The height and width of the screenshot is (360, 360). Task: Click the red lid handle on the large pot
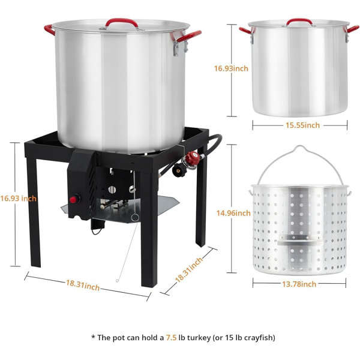pos(122,20)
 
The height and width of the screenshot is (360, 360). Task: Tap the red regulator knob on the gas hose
pos(193,158)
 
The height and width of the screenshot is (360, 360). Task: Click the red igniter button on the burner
pos(73,200)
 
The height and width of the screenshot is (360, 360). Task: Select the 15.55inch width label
pos(302,125)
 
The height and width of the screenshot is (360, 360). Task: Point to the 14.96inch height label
pos(233,213)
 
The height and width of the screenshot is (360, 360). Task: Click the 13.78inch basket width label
pos(299,284)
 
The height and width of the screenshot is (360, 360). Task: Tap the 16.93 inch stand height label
pos(19,199)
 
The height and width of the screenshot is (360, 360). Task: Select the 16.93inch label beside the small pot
pos(231,68)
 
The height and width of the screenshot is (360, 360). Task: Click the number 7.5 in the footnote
pos(171,337)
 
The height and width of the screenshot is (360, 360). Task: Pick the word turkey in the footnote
pos(199,338)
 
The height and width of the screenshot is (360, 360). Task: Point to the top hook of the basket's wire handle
pos(299,147)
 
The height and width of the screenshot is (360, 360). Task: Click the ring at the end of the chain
pos(135,217)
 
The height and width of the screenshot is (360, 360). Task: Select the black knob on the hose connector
pos(178,170)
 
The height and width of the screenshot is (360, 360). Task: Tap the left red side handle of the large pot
pos(49,30)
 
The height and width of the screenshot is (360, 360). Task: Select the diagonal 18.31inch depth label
pos(189,270)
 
